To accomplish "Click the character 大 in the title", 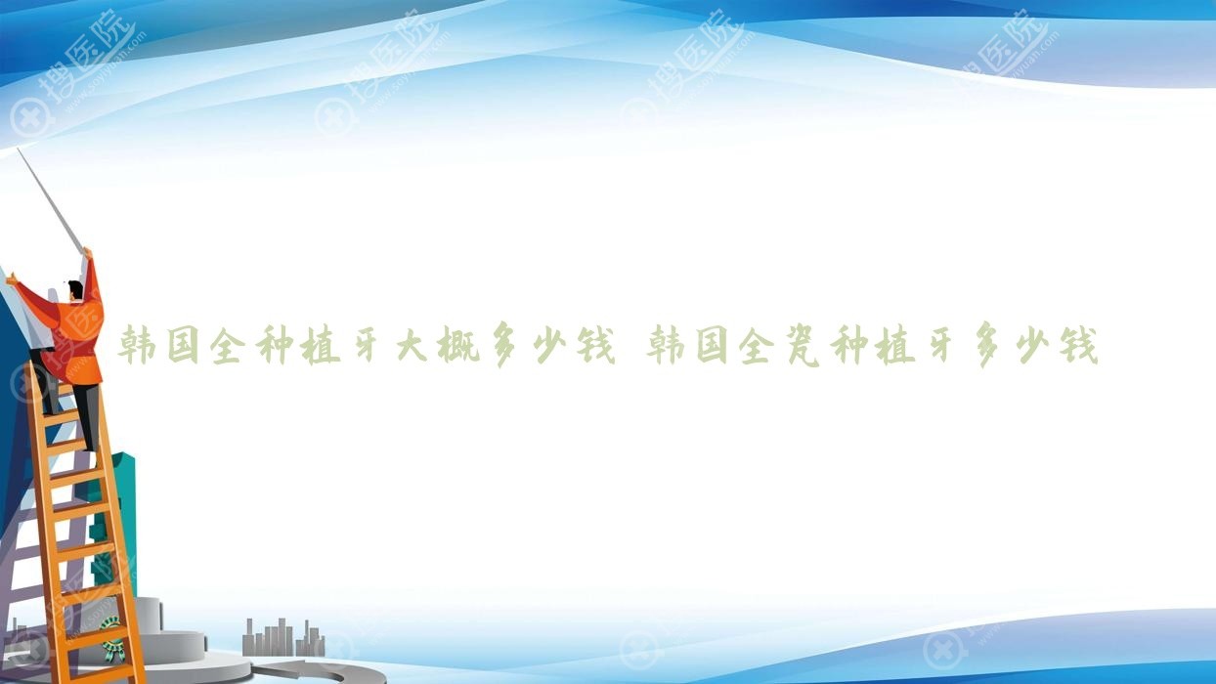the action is [x=412, y=345].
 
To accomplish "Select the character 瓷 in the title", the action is [x=803, y=345].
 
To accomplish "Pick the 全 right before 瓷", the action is [x=756, y=345].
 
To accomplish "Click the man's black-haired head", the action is [x=75, y=290].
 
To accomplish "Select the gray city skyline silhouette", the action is [x=283, y=638].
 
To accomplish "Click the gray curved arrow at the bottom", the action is [x=326, y=671].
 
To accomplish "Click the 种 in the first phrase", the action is [x=276, y=345].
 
